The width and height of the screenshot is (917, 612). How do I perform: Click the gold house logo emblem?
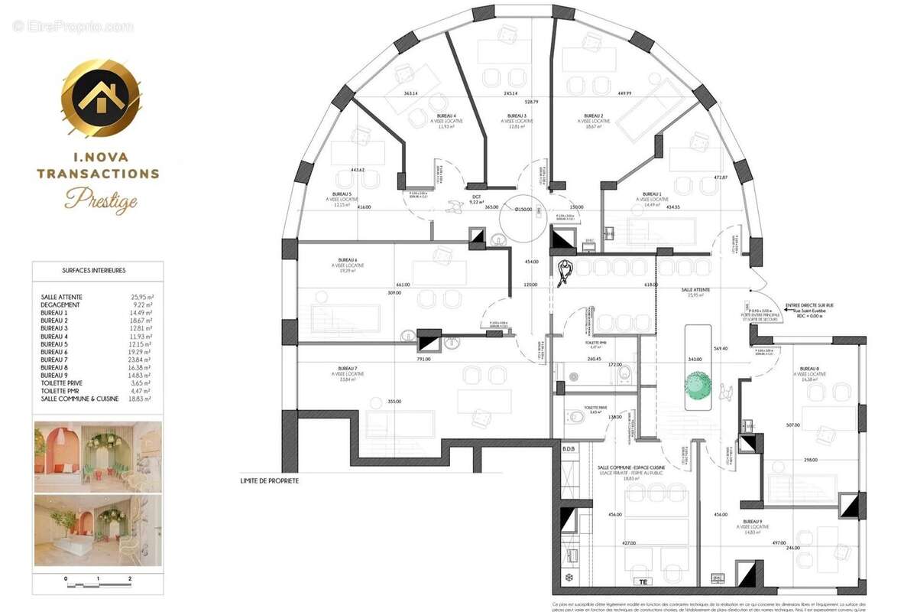point(101,99)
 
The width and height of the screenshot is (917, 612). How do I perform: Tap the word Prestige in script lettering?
point(101,200)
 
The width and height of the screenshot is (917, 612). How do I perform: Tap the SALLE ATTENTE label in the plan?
point(696,290)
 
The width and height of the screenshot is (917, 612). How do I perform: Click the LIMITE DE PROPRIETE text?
point(269,481)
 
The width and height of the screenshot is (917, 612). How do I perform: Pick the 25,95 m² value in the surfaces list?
point(141,296)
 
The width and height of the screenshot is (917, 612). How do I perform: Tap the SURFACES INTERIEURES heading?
point(94,270)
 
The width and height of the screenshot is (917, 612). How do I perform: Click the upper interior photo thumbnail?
point(98,456)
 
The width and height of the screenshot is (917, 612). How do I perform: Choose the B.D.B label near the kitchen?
point(569,448)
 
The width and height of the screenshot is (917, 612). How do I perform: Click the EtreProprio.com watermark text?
point(73,27)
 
